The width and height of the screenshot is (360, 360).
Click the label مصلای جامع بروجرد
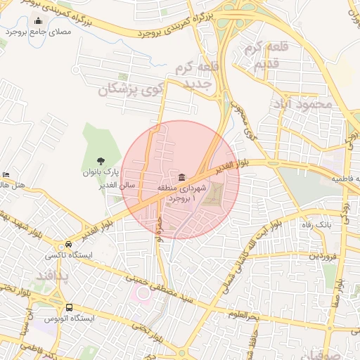(38, 32)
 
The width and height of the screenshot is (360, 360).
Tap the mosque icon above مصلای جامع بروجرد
(38, 21)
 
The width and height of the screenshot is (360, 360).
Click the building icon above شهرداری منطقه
(182, 176)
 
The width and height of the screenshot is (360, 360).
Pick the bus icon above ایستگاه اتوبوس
(69, 307)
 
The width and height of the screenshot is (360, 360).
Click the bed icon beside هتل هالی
(6, 175)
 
